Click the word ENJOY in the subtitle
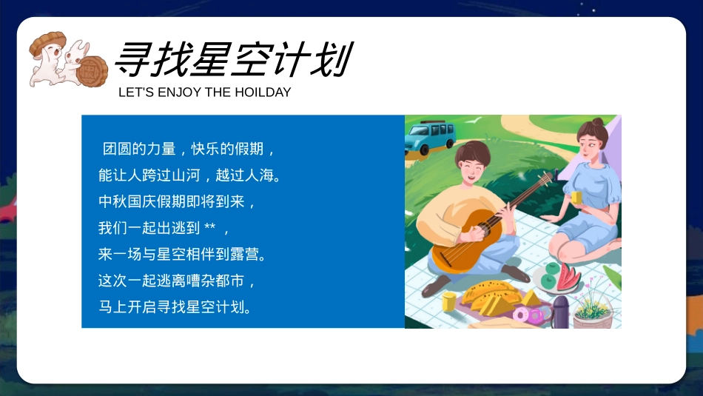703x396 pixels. tap(178, 93)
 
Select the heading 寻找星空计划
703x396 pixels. tap(232, 59)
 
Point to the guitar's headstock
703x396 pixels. tap(547, 179)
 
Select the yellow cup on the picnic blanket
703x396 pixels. tap(449, 301)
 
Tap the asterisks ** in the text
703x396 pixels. tap(209, 227)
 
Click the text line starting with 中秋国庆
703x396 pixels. tap(177, 201)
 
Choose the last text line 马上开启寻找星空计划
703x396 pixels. tap(175, 306)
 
